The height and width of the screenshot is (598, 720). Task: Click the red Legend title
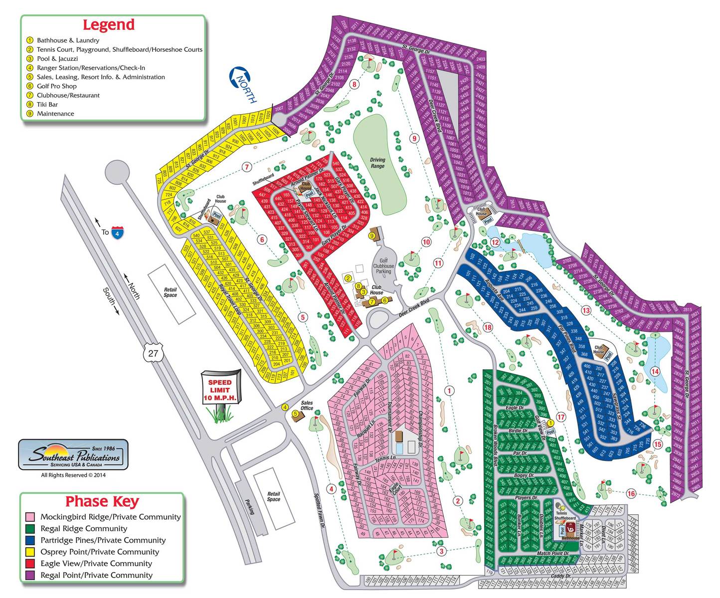pyautogui.click(x=108, y=25)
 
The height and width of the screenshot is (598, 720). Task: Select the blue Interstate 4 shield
pyautogui.click(x=118, y=232)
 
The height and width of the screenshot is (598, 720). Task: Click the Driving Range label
pyautogui.click(x=377, y=163)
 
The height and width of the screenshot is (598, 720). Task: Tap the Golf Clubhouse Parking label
pyautogui.click(x=383, y=266)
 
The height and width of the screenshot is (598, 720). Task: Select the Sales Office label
pyautogui.click(x=307, y=406)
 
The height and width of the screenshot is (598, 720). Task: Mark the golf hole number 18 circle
pyautogui.click(x=487, y=327)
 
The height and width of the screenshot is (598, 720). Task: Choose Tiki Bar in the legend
pyautogui.click(x=47, y=105)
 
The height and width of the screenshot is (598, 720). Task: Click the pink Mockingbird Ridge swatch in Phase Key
pyautogui.click(x=30, y=517)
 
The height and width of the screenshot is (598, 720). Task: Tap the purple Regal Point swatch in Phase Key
pyautogui.click(x=30, y=575)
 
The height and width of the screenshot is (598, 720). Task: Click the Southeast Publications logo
pyautogui.click(x=73, y=454)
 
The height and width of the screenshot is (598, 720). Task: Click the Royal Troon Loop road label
pyautogui.click(x=230, y=299)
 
